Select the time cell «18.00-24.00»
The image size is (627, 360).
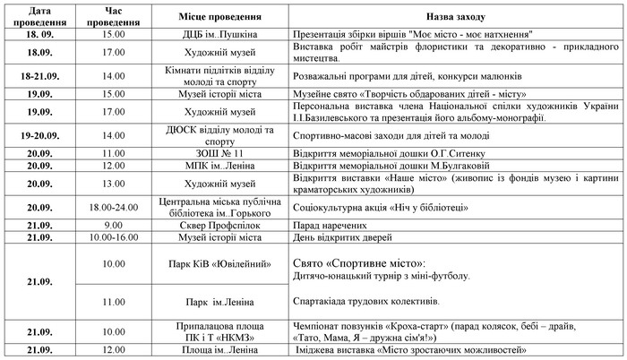coord(113,205)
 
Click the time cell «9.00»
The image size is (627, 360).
coord(113,225)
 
